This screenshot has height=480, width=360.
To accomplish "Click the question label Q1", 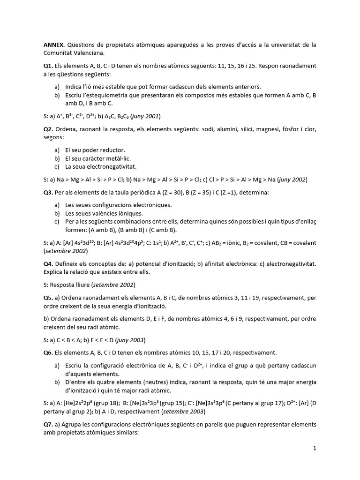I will pyautogui.click(x=48, y=66).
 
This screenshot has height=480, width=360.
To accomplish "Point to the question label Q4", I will pyautogui.click(x=48, y=264).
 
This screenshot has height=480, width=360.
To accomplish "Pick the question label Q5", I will pyautogui.click(x=48, y=298).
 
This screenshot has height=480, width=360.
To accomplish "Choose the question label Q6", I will pyautogui.click(x=48, y=352).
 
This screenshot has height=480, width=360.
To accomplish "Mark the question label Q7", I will pyautogui.click(x=48, y=424).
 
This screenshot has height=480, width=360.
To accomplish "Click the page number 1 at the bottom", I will pyautogui.click(x=315, y=449).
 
